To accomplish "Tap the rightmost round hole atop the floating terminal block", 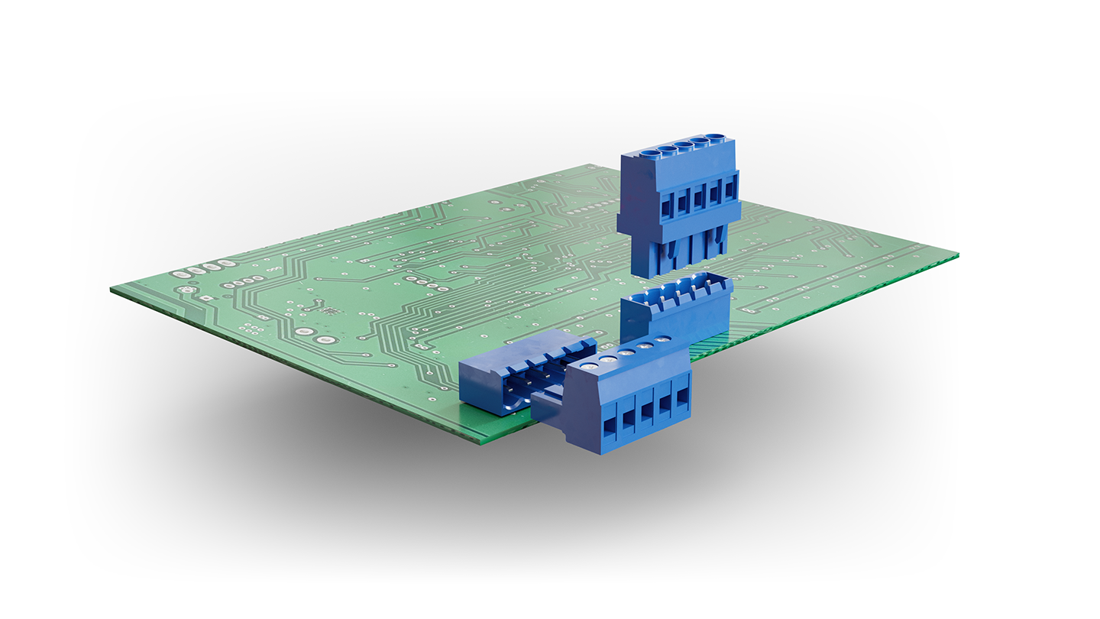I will coord(716,138).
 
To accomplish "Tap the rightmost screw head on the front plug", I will coord(663,338).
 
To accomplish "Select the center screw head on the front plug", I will coord(627,352).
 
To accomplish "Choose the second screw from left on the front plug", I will coord(608,358).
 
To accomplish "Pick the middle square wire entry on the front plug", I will coord(646,413).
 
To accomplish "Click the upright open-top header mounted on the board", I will coord(676,309).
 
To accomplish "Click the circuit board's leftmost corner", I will coord(112,290).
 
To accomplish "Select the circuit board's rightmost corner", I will coord(957,254).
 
